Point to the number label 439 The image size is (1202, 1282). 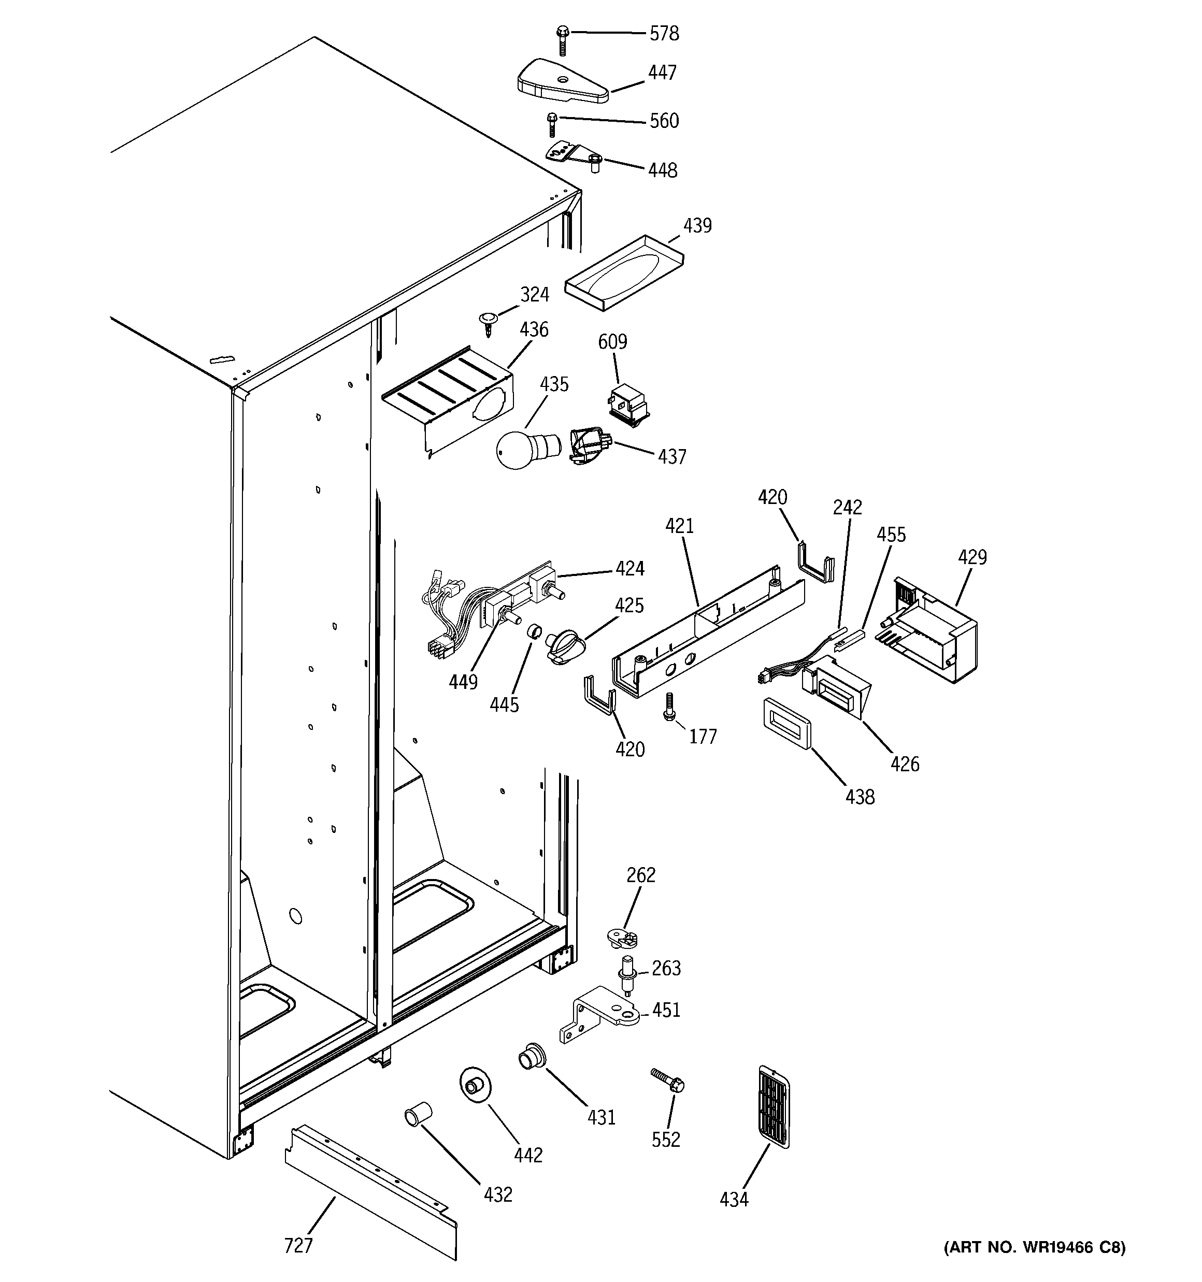tap(697, 226)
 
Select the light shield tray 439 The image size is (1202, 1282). tap(624, 272)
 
